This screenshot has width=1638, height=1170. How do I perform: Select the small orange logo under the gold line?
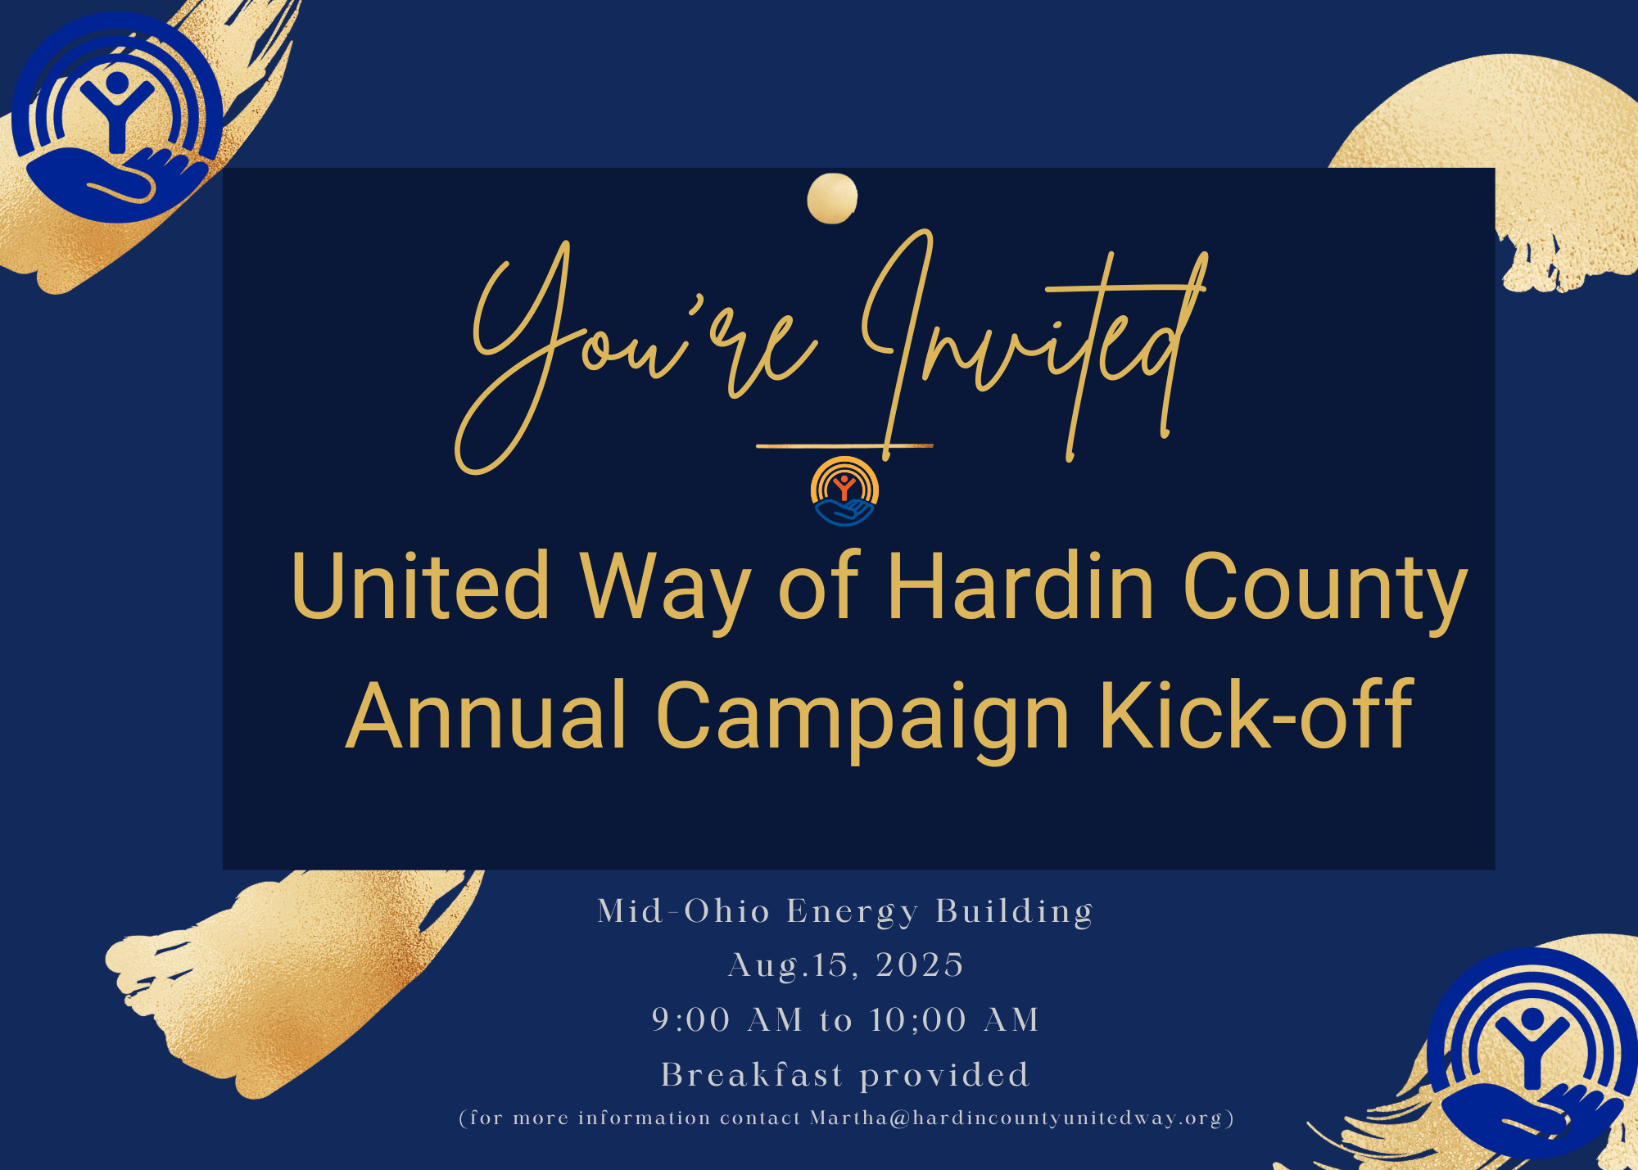tap(844, 491)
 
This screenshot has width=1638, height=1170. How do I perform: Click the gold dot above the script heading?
tap(832, 198)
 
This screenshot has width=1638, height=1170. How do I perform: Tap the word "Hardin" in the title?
tap(1020, 586)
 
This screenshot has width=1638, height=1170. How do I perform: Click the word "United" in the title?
tap(420, 586)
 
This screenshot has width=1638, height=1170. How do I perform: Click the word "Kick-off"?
tap(1256, 715)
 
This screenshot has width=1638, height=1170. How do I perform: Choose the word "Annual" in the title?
tap(486, 715)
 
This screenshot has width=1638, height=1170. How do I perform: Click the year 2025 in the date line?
tap(920, 965)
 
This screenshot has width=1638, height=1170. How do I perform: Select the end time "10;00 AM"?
tap(955, 1020)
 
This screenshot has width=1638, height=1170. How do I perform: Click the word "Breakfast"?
tap(752, 1075)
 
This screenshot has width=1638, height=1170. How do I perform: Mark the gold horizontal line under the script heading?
tap(844, 446)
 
